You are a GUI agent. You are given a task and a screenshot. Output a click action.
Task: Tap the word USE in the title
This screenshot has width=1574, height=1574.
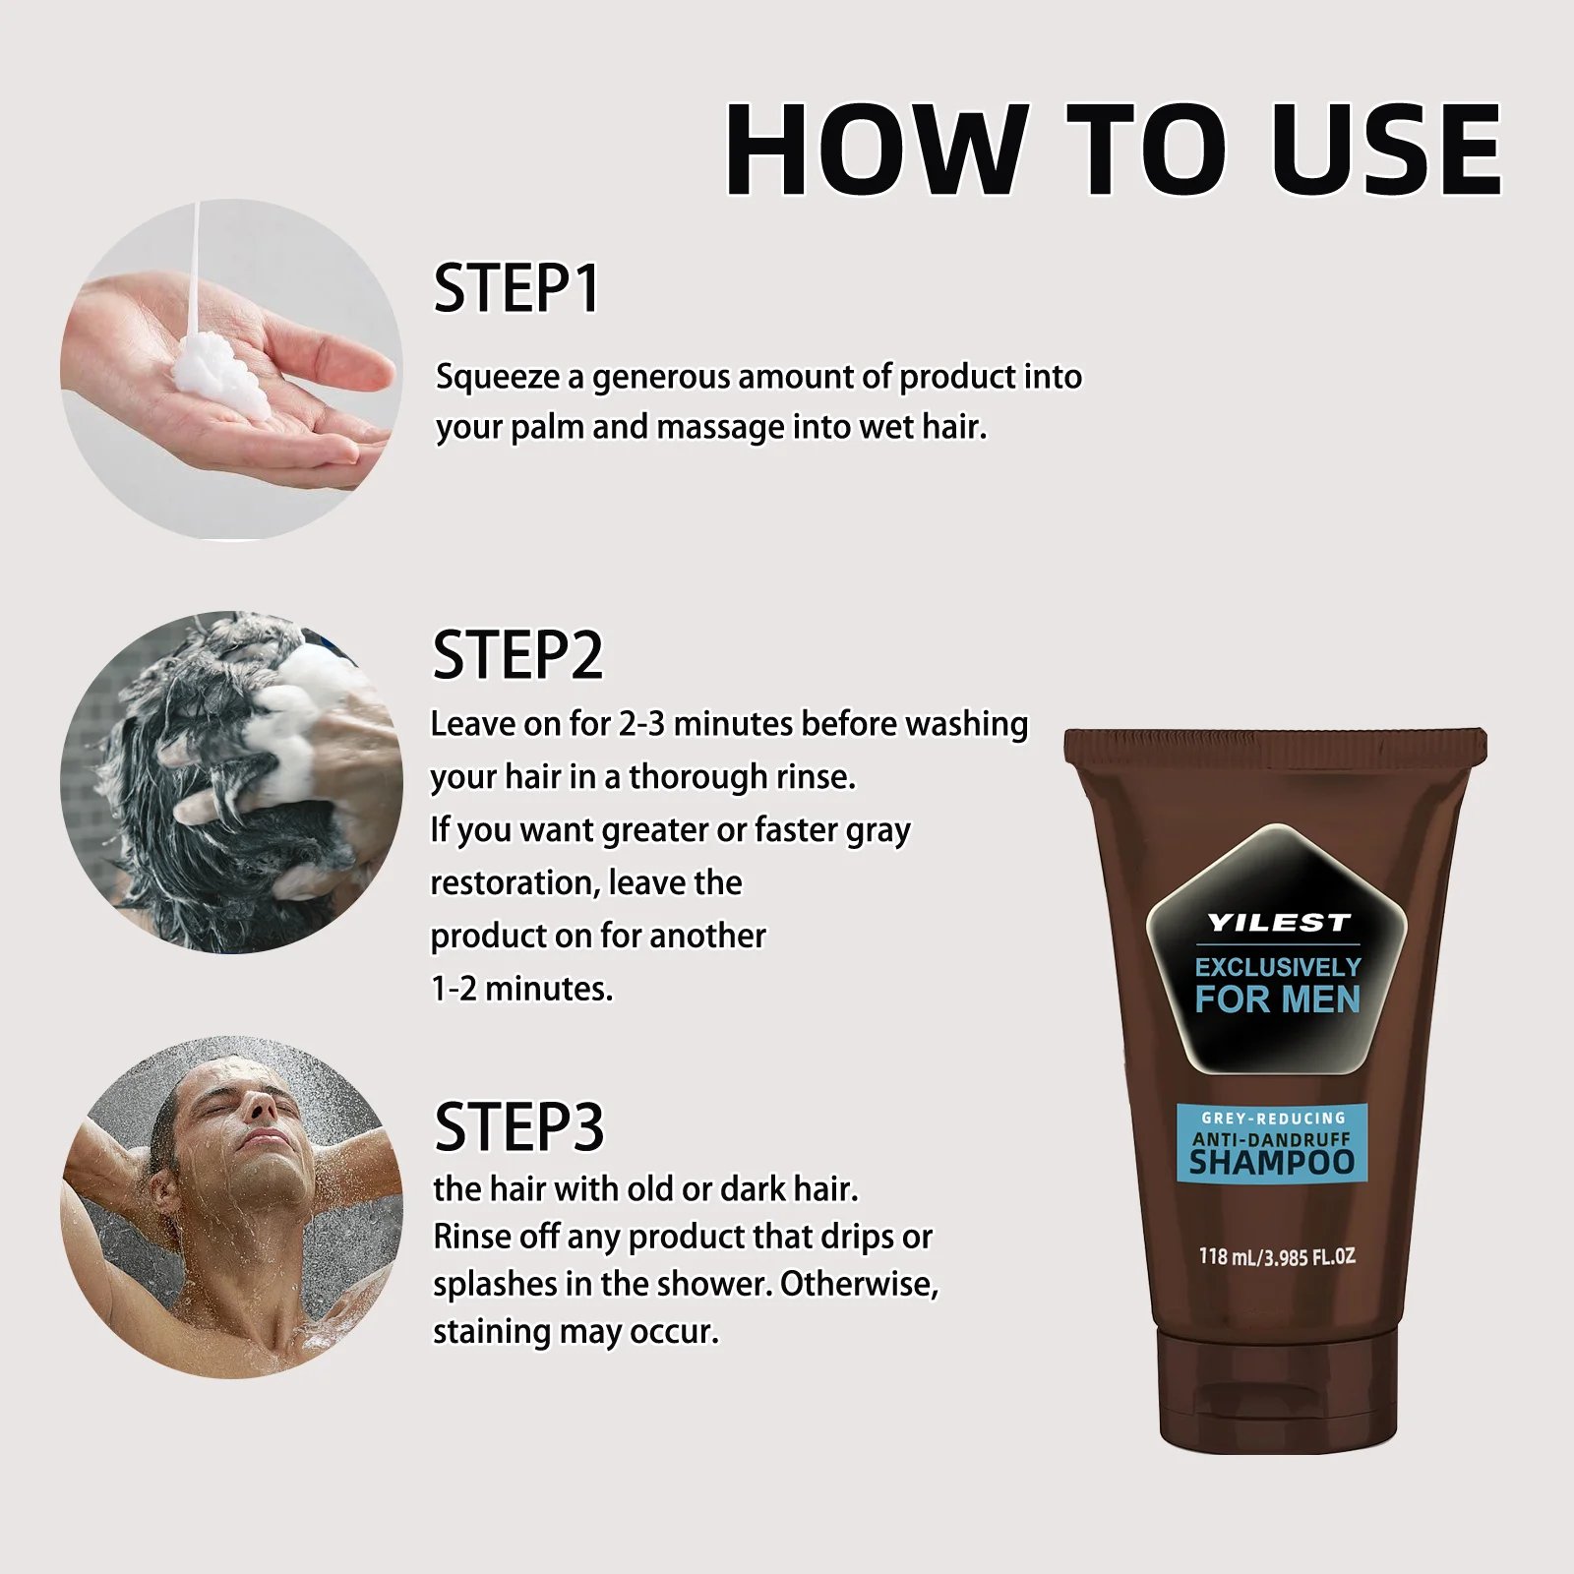coord(1387,149)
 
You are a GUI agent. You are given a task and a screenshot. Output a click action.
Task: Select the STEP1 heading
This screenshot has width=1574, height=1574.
coord(516,288)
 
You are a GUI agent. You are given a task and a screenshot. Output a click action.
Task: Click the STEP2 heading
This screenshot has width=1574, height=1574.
coord(517,654)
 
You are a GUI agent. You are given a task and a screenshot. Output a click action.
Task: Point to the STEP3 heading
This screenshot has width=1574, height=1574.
coord(518,1126)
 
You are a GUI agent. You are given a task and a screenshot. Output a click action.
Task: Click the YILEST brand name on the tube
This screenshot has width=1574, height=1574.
coord(1278,923)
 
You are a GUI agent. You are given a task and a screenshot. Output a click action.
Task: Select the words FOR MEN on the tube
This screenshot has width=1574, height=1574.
coord(1277,999)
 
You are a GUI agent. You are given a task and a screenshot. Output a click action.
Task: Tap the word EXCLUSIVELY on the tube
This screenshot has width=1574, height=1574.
coord(1278,967)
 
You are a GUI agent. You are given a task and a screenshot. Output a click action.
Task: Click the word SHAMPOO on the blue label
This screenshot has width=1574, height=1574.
coord(1272,1162)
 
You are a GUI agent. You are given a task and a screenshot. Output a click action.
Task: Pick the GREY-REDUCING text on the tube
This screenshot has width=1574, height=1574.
coord(1273,1118)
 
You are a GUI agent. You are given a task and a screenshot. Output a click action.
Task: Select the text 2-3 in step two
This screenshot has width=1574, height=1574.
coord(641,724)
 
